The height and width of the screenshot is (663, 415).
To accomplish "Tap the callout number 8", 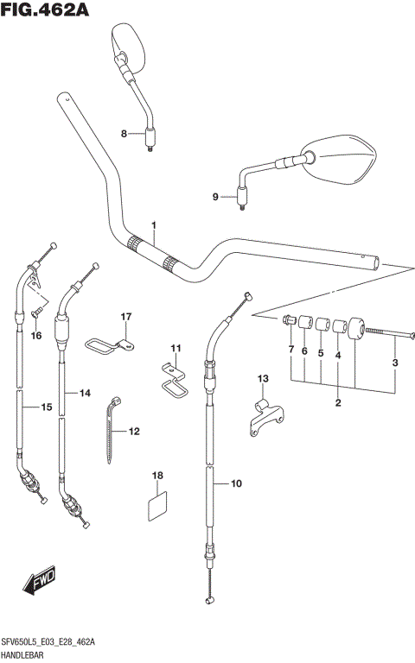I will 124,133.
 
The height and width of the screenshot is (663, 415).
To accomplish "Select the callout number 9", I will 216,197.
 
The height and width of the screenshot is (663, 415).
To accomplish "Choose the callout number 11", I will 176,348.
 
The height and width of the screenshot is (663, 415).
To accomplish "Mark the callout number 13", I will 263,378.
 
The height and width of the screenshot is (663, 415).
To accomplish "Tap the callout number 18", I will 157,476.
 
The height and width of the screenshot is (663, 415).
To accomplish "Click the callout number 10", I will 237,484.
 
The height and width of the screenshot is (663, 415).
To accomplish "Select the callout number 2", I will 339,402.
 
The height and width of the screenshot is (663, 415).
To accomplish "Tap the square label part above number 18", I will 157,504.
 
